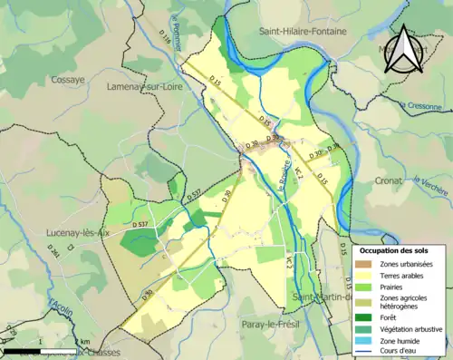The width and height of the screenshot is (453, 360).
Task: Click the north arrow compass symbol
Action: point(405,49)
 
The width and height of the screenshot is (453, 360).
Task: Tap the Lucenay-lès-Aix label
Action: point(77,232)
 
